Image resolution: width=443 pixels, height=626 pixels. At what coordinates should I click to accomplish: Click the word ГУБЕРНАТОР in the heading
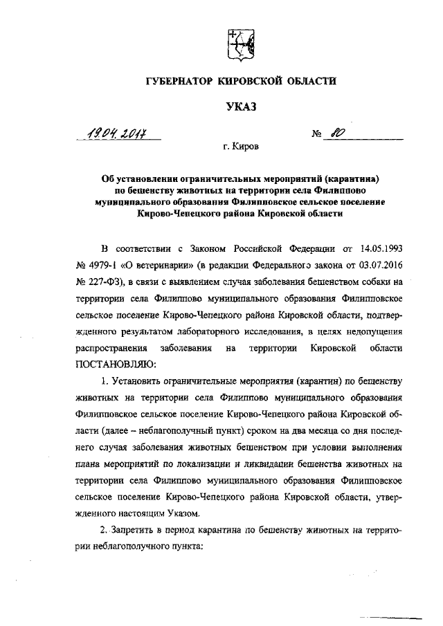pyautogui.click(x=181, y=82)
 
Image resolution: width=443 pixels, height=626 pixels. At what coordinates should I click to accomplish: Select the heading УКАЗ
pyautogui.click(x=241, y=107)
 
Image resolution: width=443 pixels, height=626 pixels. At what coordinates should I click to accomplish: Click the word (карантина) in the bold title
pyautogui.click(x=353, y=178)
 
